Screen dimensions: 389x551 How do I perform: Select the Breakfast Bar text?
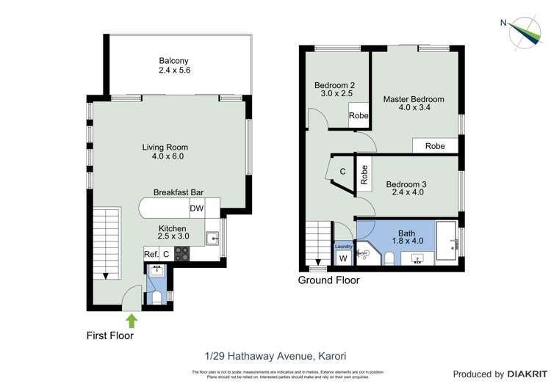[x=179, y=192]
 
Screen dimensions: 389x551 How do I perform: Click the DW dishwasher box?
[x=196, y=209]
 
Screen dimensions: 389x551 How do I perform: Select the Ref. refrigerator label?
[x=151, y=255]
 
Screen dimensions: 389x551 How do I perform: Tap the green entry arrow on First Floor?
[x=132, y=320]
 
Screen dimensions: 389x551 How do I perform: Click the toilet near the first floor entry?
[x=156, y=297]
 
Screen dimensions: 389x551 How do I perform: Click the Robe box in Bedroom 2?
[x=359, y=116]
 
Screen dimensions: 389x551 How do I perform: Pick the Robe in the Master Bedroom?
[x=435, y=146]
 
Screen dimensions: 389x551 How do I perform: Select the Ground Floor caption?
[x=328, y=280]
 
